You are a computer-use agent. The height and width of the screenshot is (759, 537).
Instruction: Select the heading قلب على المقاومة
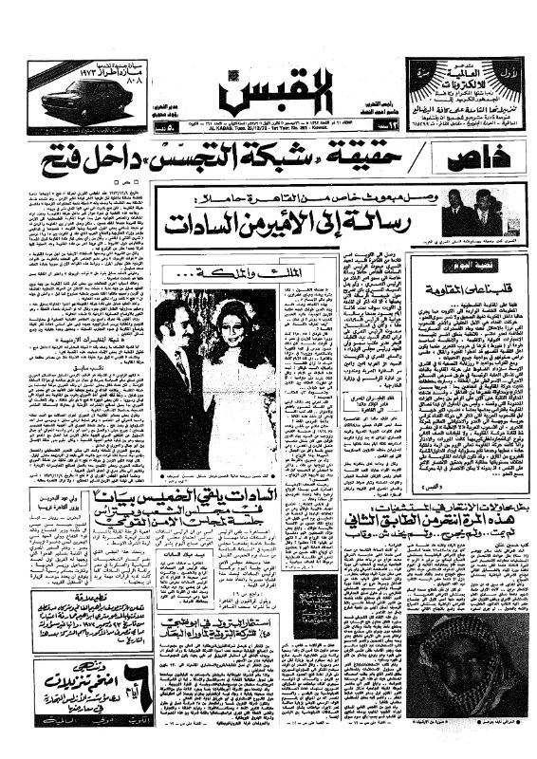coord(469,278)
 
